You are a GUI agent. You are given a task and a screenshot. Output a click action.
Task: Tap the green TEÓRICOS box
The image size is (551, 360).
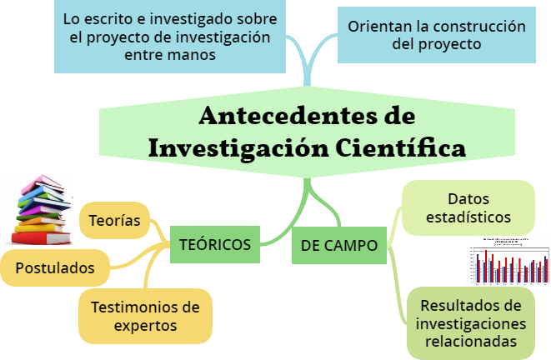tap(215, 244)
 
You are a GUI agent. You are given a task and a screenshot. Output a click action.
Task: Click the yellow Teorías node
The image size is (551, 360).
tap(114, 222)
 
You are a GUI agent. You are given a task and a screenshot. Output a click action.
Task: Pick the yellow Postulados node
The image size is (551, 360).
tap(55, 268)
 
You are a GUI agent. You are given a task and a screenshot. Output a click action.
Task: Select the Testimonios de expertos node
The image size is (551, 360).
tap(145, 315)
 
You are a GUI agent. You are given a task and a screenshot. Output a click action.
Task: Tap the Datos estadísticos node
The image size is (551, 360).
tap(468, 208)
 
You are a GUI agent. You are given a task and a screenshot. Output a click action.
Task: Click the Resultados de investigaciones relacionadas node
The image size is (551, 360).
tap(470, 322)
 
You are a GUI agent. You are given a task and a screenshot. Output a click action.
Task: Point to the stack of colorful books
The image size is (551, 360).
tap(40, 210)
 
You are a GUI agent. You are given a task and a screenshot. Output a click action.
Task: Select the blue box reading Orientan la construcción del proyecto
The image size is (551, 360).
tap(436, 35)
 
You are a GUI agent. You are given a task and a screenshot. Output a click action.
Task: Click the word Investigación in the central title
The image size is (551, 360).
tap(243, 147)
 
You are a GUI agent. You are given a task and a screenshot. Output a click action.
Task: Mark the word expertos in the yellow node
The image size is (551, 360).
tap(146, 325)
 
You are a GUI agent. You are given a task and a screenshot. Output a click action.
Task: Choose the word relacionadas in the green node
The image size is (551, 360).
tap(470, 341)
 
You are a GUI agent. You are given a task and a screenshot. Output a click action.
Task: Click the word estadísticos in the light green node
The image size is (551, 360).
tap(468, 217)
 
